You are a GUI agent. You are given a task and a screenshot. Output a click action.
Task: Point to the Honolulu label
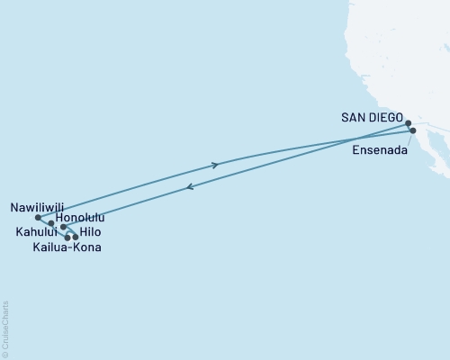click(80, 218)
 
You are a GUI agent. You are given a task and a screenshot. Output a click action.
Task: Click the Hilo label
click(89, 232)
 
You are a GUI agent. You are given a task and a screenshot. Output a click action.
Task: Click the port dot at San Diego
click(408, 123)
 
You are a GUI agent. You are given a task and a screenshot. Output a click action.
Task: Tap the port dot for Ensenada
click(413, 131)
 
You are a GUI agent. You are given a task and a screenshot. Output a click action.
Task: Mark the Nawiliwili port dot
click(37, 217)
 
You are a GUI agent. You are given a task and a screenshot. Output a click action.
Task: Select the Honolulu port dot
click(51, 222)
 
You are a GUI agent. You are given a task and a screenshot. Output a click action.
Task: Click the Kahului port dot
click(64, 228)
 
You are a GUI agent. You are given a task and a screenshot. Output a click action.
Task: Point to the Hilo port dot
click(76, 237)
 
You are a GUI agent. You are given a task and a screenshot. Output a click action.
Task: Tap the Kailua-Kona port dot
click(67, 238)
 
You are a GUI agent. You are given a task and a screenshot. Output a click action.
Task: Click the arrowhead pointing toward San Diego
click(214, 165)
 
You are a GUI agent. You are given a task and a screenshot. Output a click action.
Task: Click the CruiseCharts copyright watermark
click(5, 328)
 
